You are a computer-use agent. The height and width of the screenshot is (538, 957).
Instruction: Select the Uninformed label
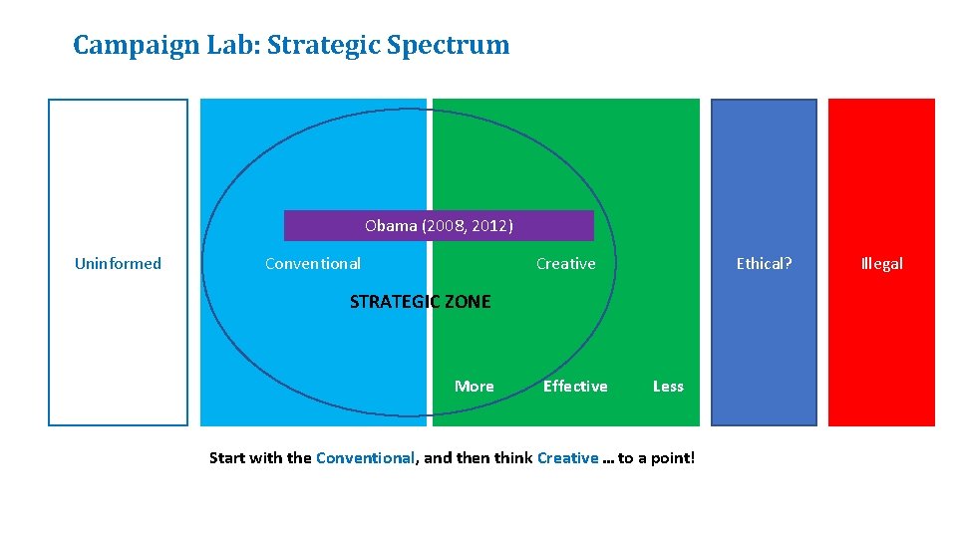tap(118, 264)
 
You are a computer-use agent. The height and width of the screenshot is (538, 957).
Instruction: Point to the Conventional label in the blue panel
tap(313, 264)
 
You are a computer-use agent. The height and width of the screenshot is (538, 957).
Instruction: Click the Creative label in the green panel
tap(565, 264)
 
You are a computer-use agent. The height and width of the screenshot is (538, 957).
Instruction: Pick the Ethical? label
tap(764, 264)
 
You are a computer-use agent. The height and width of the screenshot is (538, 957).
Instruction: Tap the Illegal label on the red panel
tap(881, 264)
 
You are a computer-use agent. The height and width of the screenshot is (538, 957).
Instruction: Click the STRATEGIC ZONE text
tap(420, 302)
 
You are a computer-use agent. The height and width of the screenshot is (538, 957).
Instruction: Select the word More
tap(474, 387)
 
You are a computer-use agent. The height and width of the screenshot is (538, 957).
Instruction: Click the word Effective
tap(575, 387)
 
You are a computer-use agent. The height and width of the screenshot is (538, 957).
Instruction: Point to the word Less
tap(668, 387)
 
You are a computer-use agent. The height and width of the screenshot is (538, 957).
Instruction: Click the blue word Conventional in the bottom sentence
tap(365, 458)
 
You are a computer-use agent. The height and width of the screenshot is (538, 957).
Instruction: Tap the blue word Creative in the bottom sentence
tap(567, 458)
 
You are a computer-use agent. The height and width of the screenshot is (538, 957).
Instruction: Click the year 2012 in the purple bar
tap(490, 226)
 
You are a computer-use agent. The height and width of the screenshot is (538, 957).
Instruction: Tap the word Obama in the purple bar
tap(391, 226)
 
